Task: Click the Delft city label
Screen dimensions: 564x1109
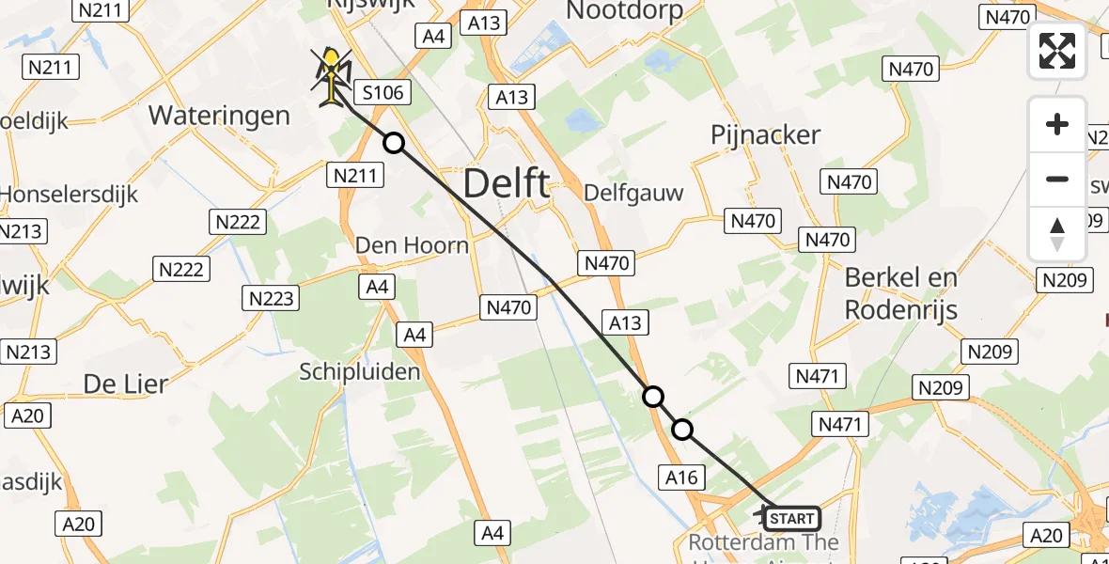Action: (507, 183)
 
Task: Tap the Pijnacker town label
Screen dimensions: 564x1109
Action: (766, 135)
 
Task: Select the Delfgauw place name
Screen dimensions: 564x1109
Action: (633, 193)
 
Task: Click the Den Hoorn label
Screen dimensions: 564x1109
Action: (412, 245)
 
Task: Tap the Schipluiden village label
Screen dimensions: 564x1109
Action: (360, 372)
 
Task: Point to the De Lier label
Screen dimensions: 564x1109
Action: (126, 384)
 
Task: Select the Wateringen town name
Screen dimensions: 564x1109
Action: (219, 116)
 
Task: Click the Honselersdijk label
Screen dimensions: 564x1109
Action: (70, 196)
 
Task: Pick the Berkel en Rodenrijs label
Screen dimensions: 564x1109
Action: (901, 293)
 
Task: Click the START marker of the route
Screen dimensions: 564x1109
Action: (792, 518)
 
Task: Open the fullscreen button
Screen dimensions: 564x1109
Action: (1057, 51)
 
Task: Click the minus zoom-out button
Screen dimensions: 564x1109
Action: (1057, 180)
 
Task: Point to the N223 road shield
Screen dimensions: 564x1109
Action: (272, 299)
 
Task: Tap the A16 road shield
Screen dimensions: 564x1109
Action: (681, 478)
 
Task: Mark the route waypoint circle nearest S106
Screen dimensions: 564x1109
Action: (394, 143)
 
